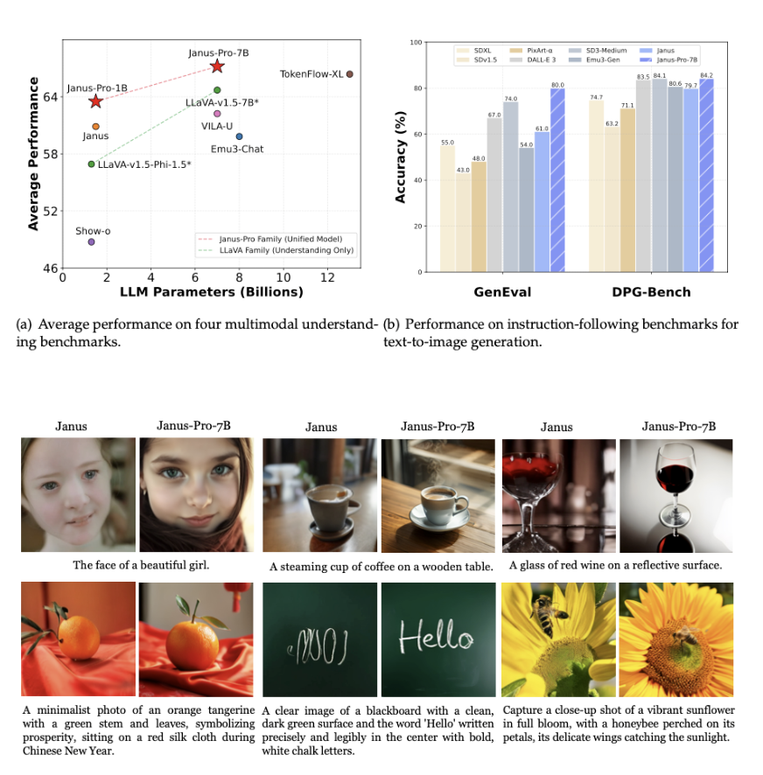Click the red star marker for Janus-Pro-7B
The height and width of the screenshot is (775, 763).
217,66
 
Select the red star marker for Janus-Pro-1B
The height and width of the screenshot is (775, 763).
95,101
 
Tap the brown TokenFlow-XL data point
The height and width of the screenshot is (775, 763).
349,74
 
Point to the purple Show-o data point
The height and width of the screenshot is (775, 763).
91,241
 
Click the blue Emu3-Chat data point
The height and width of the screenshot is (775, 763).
239,136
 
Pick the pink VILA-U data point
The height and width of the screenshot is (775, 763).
217,114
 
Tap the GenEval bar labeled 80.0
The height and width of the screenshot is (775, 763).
557,179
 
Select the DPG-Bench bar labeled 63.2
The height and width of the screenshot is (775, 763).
612,199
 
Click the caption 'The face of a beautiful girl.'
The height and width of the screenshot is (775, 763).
141,565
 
